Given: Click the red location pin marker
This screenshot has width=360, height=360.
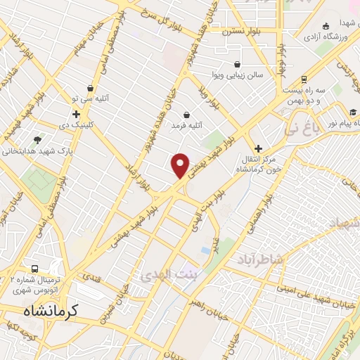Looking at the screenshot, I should pos(181,165).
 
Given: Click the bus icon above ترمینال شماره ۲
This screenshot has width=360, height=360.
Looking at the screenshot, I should pos(35,269).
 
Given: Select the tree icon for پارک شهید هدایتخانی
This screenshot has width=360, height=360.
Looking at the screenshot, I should pos(37,139).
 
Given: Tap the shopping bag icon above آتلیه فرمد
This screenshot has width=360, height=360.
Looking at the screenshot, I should pos(186,115).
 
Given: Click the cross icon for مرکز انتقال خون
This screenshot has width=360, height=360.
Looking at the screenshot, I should pos(259,148).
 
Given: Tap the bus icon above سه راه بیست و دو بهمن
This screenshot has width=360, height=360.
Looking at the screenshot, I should pos(303,79).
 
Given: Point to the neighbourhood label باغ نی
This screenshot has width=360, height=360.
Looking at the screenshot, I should pos(297,129).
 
